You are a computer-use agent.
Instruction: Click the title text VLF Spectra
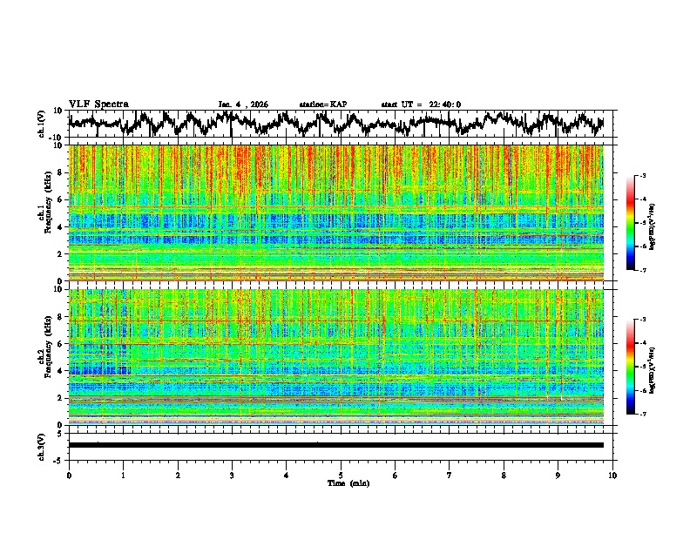click(x=98, y=104)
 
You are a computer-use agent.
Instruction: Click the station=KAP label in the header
click(x=322, y=105)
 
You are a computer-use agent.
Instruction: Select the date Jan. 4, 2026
click(x=243, y=105)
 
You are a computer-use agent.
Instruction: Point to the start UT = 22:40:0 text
click(x=421, y=105)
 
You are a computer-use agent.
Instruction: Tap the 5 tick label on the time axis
click(x=341, y=475)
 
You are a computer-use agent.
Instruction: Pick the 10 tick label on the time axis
click(x=612, y=475)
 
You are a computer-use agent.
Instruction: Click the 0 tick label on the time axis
click(x=69, y=475)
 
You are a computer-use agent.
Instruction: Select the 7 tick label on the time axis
click(x=450, y=475)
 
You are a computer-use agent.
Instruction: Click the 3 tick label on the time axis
click(x=232, y=475)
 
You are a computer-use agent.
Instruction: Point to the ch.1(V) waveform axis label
click(x=42, y=124)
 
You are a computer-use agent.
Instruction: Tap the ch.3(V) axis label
click(x=42, y=445)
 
